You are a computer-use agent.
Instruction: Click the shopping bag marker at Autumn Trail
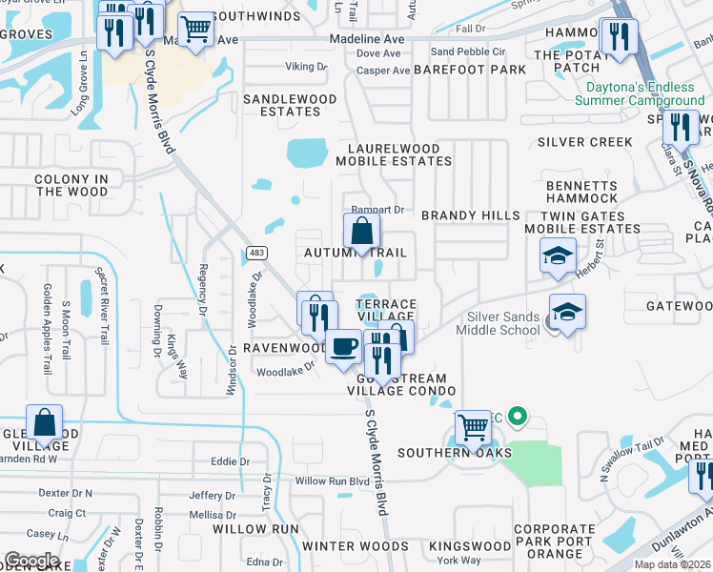[x=362, y=231]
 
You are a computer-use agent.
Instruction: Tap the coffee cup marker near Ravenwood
[x=343, y=345]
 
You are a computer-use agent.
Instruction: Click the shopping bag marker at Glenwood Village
[x=44, y=421]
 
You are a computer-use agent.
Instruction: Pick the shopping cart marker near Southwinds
[x=195, y=29]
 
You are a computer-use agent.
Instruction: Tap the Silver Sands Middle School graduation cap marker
[x=567, y=312]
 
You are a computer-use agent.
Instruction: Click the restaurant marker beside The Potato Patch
[x=620, y=37]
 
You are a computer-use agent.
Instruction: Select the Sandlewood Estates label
[x=290, y=105]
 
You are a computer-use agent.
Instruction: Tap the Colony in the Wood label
[x=71, y=185]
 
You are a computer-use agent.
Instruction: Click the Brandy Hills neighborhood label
[x=471, y=216]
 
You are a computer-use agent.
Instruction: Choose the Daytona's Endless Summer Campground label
[x=640, y=93]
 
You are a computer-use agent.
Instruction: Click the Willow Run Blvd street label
[x=331, y=481]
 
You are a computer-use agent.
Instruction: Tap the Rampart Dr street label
[x=377, y=210]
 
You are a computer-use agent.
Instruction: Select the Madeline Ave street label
[x=367, y=39]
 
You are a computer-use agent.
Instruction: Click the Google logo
[x=31, y=560]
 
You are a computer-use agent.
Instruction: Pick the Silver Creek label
[x=584, y=142]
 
